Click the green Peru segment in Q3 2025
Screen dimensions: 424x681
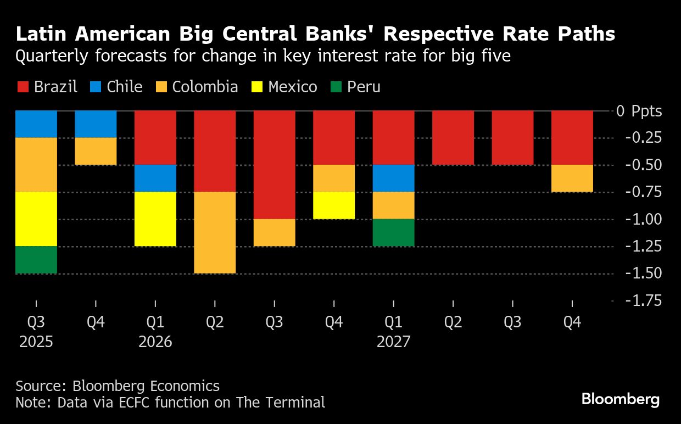pyautogui.click(x=36, y=260)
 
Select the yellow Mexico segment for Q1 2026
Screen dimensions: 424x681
pyautogui.click(x=155, y=219)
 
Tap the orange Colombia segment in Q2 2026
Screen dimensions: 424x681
pyautogui.click(x=215, y=232)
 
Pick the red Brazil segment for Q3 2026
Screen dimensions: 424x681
pyautogui.click(x=274, y=165)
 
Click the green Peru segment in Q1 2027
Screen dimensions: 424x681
pyautogui.click(x=393, y=232)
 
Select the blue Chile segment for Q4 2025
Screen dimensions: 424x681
pyautogui.click(x=96, y=124)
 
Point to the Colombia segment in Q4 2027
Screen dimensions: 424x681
pyautogui.click(x=572, y=178)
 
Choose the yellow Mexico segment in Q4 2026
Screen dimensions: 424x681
pyautogui.click(x=334, y=205)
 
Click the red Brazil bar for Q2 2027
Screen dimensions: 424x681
pyautogui.click(x=453, y=138)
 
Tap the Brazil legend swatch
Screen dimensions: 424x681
pyautogui.click(x=23, y=87)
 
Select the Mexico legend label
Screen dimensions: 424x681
pyautogui.click(x=293, y=87)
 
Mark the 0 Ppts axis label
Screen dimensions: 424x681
pyautogui.click(x=639, y=111)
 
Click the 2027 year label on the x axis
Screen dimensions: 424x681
pyautogui.click(x=393, y=342)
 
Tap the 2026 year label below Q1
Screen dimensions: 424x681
pyautogui.click(x=155, y=342)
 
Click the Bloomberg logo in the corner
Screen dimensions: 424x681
pyautogui.click(x=621, y=399)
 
